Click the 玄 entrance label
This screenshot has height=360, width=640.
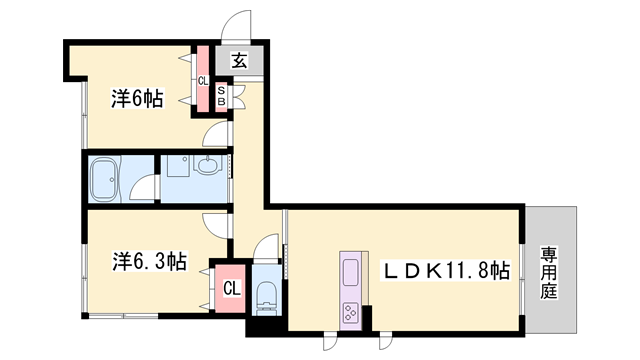241,61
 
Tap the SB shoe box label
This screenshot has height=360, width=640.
222,97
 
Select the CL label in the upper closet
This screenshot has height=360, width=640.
202,81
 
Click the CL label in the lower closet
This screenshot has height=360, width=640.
231,290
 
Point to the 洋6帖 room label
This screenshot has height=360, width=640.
136,98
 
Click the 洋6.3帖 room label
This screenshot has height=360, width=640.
148,262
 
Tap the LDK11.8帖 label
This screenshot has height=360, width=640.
449,270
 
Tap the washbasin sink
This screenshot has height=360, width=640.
209,167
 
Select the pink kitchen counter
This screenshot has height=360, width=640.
352,290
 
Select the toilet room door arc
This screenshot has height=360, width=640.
265,246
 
